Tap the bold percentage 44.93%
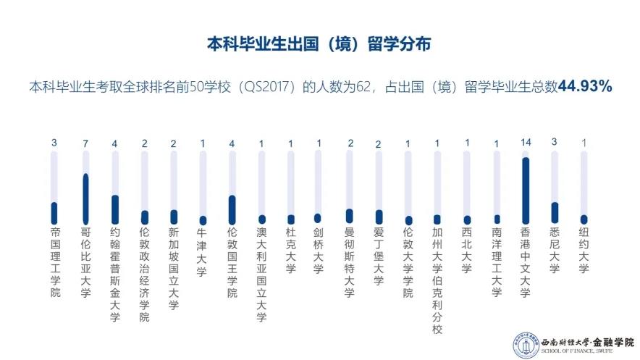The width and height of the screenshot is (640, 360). (x=586, y=87)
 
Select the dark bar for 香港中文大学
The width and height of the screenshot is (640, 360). (x=525, y=191)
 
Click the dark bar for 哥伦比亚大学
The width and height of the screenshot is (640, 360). (x=85, y=198)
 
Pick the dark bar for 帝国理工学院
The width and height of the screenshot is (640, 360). (x=54, y=213)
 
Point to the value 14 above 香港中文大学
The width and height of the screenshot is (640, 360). (x=526, y=143)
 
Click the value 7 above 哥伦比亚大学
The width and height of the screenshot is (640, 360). (x=85, y=143)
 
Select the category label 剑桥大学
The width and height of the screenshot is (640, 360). (x=318, y=251)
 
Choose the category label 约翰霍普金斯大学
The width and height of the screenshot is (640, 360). (x=114, y=274)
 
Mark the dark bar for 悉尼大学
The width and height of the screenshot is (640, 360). (x=555, y=212)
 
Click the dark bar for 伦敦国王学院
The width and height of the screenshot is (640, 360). (x=232, y=209)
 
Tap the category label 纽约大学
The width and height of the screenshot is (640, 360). (x=584, y=251)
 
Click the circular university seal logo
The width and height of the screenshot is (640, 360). (x=521, y=345)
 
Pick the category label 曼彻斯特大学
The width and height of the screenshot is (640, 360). (x=349, y=262)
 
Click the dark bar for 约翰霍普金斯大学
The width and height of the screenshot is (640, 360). (x=114, y=209)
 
